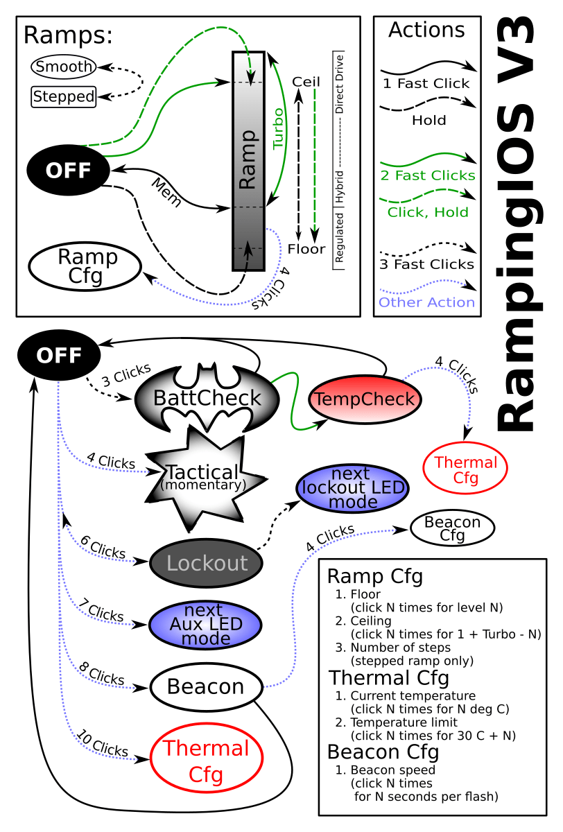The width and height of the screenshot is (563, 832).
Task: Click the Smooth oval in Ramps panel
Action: click(63, 67)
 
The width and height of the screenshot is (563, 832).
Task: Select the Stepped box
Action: click(63, 96)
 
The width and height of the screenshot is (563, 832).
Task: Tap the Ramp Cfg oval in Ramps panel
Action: click(85, 267)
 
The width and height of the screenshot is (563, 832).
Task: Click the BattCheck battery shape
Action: click(207, 398)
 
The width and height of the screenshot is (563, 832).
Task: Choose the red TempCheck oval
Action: click(365, 399)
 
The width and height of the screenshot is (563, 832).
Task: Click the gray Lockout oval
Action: click(206, 562)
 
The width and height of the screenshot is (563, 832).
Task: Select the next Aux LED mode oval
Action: click(205, 625)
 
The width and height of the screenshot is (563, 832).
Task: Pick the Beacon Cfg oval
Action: click(452, 528)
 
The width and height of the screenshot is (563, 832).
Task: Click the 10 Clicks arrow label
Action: click(103, 743)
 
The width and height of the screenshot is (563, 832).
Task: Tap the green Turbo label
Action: click(278, 128)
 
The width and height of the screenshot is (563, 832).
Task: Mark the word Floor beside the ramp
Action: click(306, 249)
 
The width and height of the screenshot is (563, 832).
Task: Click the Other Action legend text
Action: click(427, 302)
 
